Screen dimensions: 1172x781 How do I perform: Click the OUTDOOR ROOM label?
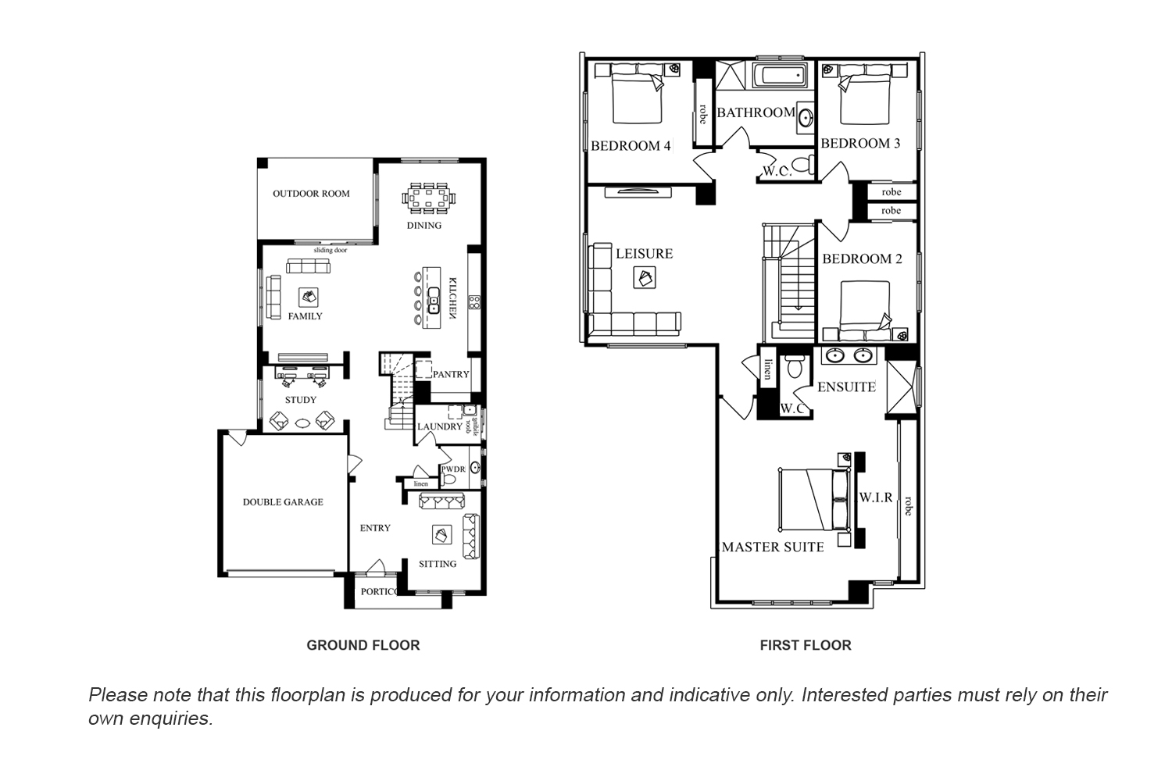pos(311,194)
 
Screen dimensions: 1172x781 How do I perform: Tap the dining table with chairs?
pos(428,198)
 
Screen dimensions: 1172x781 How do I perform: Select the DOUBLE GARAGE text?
pos(283,502)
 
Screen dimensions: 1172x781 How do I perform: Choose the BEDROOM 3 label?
pos(860,144)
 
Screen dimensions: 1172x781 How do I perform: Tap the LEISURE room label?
pos(644,254)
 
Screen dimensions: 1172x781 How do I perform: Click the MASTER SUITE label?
pos(773,547)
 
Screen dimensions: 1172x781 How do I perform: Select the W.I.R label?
pos(876,497)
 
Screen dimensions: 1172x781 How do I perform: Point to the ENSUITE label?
pos(846,387)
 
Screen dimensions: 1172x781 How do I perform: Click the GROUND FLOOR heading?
pos(363,646)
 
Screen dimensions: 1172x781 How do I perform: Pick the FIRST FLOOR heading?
pos(806,646)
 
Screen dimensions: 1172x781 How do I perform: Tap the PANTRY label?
pos(451,375)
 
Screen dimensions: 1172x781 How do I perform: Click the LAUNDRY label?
pos(440,427)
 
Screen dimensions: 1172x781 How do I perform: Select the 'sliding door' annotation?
pos(331,250)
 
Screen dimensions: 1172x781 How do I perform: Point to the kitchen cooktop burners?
pos(474,302)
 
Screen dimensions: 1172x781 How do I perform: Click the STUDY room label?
pos(301,400)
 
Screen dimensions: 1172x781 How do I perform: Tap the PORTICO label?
pos(379,592)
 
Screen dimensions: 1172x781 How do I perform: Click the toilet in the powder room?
pos(448,479)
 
